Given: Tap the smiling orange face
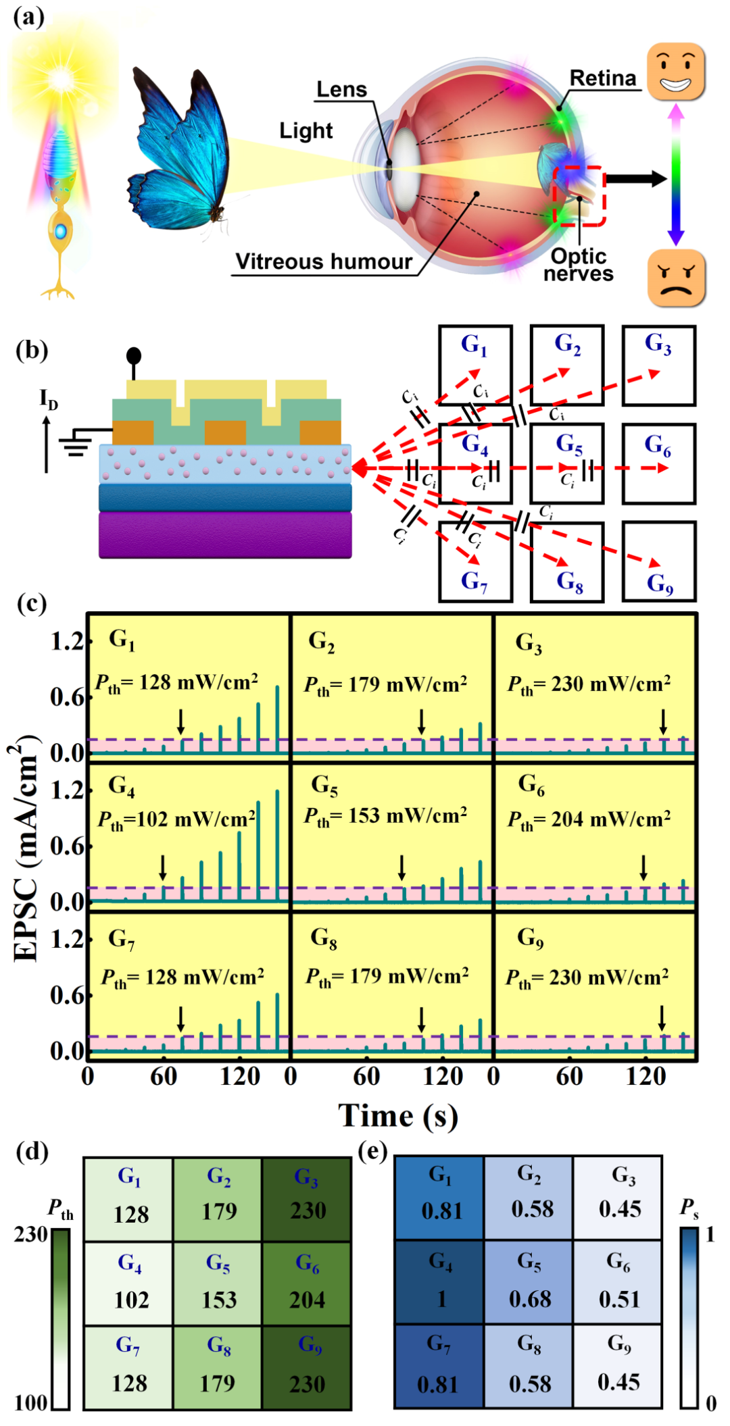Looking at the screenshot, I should pos(675,72).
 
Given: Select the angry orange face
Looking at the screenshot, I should pos(676,278).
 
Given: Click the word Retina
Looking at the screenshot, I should pos(603,78).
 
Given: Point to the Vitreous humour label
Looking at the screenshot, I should pos(324,261).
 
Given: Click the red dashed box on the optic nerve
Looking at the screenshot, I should pos(579,195).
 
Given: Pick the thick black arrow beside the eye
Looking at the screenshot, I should pos(635,178).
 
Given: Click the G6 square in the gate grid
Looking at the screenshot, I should pos(658,463).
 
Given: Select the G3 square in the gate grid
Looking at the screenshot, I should pos(658,365).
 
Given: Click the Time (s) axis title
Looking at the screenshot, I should pos(398,1115).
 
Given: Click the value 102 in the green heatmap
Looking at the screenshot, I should pos(131,1300).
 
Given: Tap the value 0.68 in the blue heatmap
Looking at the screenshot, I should pos(530,1299).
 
